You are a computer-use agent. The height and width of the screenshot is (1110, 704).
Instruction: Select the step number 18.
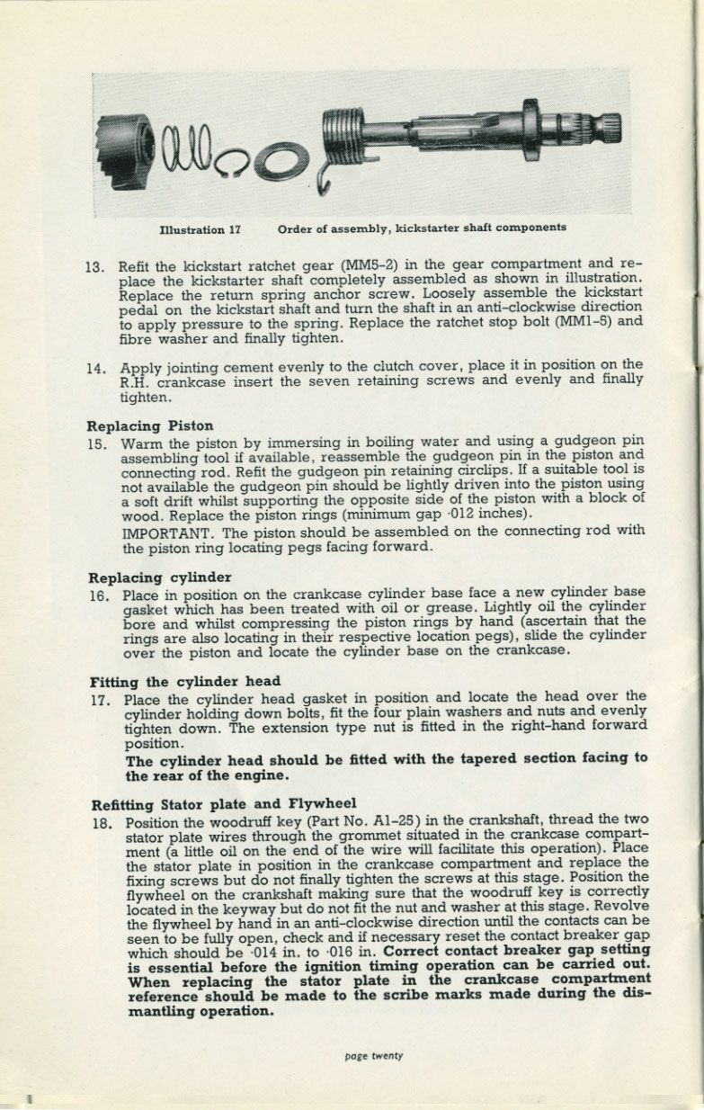tap(100, 822)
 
